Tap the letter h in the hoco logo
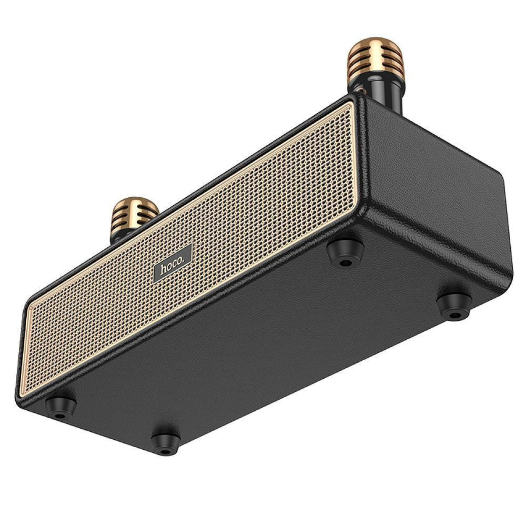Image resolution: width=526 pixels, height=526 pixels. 163,270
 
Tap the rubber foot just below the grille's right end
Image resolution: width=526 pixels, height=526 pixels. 345,254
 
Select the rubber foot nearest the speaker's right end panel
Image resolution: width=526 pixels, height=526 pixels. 453,305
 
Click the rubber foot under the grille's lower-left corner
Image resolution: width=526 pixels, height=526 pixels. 60,406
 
